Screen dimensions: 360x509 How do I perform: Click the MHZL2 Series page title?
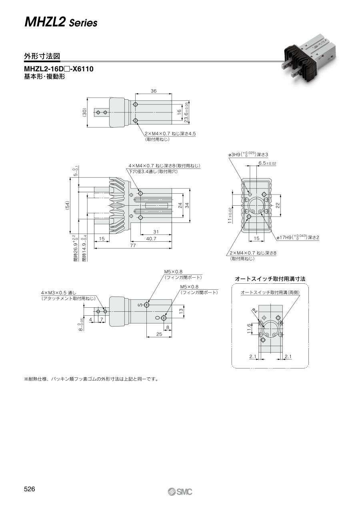pyautogui.click(x=61, y=23)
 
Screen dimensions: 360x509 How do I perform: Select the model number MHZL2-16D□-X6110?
pyautogui.click(x=59, y=69)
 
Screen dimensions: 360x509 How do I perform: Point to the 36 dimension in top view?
pyautogui.click(x=154, y=91)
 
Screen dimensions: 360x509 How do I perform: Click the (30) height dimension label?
pyautogui.click(x=84, y=112)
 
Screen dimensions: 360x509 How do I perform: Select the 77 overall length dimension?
pyautogui.click(x=133, y=245)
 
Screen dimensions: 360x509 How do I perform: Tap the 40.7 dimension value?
pyautogui.click(x=151, y=238)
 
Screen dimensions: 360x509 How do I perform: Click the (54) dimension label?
pyautogui.click(x=67, y=206)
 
